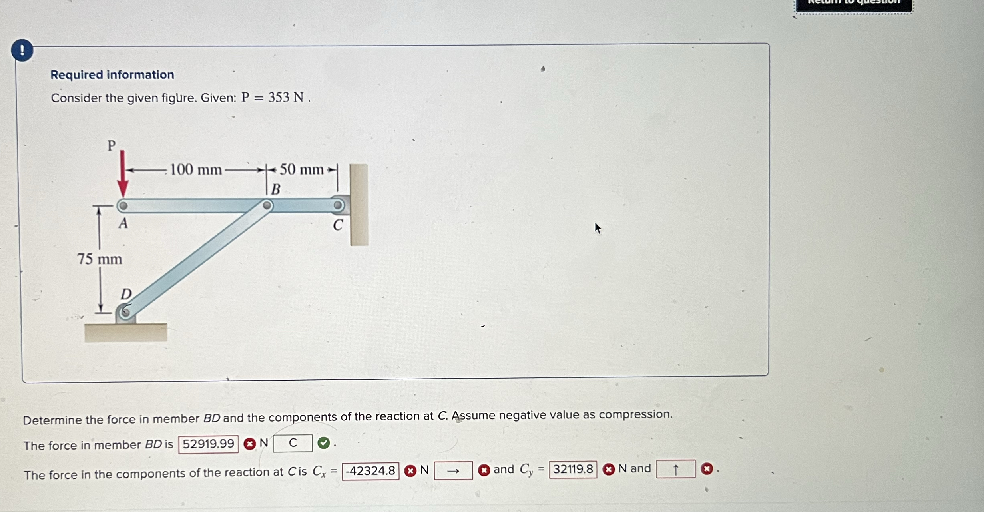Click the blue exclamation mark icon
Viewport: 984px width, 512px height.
click(22, 50)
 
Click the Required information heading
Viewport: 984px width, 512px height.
click(112, 75)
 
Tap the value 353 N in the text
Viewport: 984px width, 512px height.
click(286, 97)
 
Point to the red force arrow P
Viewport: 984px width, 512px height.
click(123, 174)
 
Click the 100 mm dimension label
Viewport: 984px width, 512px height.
click(196, 170)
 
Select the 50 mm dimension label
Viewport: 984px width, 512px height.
click(301, 169)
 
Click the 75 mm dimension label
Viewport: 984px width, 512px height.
click(100, 259)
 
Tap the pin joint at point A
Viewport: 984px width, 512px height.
click(123, 206)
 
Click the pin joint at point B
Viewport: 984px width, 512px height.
click(267, 206)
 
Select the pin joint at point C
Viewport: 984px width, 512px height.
click(338, 205)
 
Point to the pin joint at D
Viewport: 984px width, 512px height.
click(125, 312)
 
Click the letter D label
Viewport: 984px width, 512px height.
click(126, 294)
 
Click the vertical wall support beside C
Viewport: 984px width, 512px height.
click(359, 205)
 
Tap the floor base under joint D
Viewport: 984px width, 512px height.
click(126, 333)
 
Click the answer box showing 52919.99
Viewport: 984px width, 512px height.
click(208, 444)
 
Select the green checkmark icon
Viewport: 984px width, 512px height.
click(323, 443)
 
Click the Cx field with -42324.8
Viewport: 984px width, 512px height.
click(370, 471)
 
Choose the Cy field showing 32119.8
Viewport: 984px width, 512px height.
click(573, 469)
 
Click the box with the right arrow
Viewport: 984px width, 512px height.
click(453, 471)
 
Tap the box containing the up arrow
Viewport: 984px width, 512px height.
click(675, 469)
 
